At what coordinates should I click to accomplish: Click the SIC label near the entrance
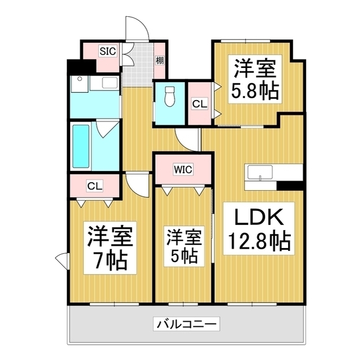tap(107, 51)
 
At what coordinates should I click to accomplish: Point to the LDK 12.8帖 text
tap(259, 229)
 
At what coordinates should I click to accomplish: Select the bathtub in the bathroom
tap(82, 146)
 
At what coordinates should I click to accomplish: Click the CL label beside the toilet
tap(198, 104)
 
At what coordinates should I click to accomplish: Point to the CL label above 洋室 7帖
tap(94, 186)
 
